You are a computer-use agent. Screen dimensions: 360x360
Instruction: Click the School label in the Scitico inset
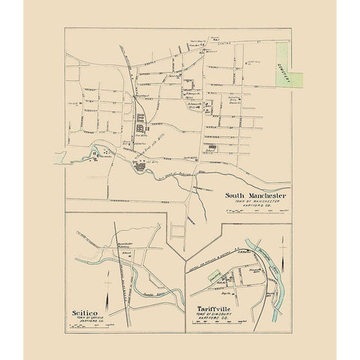127,252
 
